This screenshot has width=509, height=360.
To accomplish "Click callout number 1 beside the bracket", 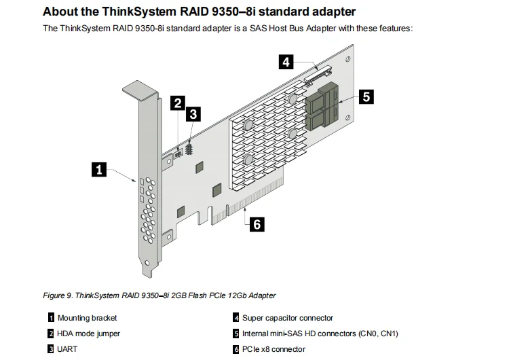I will (x=100, y=170).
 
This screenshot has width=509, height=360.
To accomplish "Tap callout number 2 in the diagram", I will (x=177, y=104).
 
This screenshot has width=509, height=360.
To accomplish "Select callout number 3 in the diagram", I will (x=193, y=114).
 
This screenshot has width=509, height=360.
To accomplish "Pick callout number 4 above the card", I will (x=287, y=62).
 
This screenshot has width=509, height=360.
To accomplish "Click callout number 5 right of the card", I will (x=366, y=96).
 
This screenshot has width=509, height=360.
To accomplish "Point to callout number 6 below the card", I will (x=257, y=223).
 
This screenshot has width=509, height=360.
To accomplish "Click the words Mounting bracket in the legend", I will (x=87, y=318).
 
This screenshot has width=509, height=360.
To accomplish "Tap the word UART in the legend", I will (x=67, y=349).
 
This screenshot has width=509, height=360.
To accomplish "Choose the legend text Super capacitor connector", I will (x=288, y=318).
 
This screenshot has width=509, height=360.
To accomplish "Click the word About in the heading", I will (x=61, y=12).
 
